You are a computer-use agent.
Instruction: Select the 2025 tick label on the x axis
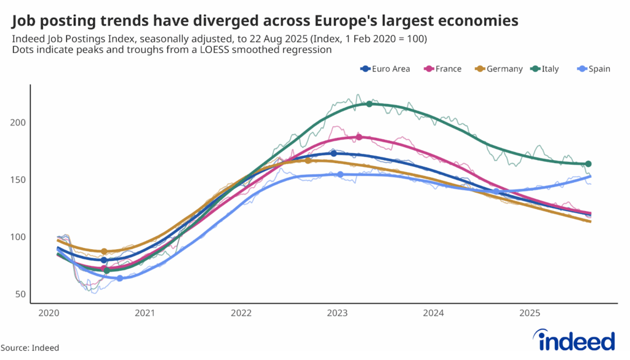tap(529, 313)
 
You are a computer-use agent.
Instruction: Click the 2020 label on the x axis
tap(48, 313)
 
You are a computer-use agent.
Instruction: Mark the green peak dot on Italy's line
tap(369, 104)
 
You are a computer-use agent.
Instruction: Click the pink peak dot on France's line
tap(359, 137)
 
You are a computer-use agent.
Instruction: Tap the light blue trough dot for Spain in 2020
tap(120, 278)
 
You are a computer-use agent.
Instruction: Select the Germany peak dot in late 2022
tap(308, 161)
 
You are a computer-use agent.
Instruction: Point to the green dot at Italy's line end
tap(588, 164)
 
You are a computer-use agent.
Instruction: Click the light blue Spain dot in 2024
tap(496, 191)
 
